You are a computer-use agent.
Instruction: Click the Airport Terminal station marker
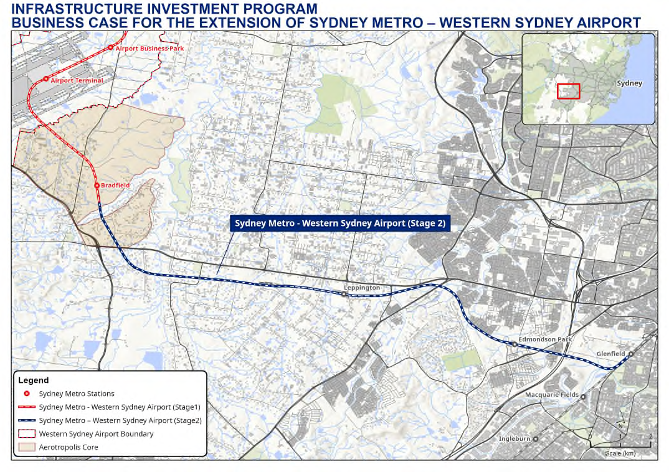pos(45,79)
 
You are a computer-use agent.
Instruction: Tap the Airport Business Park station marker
pos(110,47)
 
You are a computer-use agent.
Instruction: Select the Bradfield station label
pos(115,185)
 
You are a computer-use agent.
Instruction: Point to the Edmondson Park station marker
pos(515,344)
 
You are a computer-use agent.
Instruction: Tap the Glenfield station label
pos(610,354)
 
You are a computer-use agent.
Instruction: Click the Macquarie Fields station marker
pos(584,395)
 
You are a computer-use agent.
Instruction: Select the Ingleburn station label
pos(514,438)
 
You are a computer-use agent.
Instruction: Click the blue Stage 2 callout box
pos(340,224)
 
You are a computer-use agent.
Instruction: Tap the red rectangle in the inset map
pos(568,91)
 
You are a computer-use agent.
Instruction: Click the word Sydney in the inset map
pos(629,83)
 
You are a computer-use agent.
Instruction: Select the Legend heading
pos(34,380)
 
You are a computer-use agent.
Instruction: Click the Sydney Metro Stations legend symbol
pos(27,394)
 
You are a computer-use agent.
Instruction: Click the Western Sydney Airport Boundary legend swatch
pos(27,433)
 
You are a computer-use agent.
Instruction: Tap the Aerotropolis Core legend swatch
pos(27,447)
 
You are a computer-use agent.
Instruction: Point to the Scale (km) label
pos(620,453)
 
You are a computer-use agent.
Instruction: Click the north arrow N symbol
pos(620,427)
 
